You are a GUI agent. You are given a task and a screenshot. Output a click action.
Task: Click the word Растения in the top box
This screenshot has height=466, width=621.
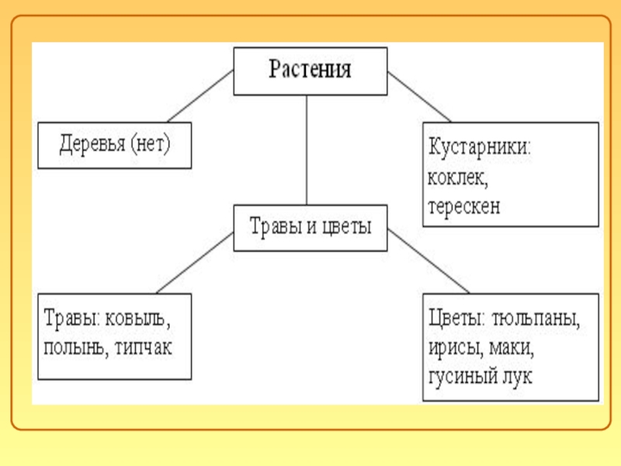tap(310, 71)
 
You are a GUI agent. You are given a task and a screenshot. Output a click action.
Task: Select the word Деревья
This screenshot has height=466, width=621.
tap(93, 144)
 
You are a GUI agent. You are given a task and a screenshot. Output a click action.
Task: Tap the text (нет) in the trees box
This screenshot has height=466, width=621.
tap(151, 144)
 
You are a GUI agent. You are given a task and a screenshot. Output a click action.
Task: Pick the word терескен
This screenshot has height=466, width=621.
tap(463, 207)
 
